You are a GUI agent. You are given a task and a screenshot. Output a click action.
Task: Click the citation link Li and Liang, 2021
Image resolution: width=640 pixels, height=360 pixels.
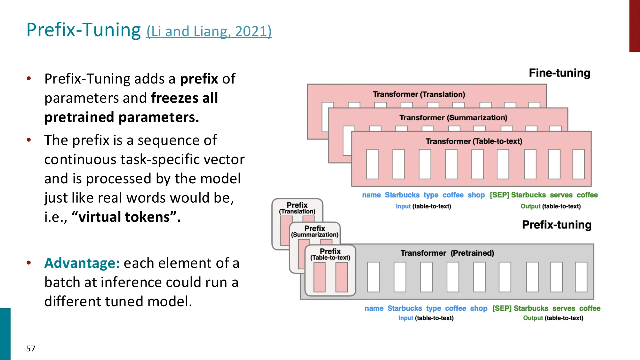[x=209, y=32]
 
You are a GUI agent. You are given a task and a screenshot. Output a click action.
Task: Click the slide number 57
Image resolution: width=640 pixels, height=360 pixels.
[x=31, y=348]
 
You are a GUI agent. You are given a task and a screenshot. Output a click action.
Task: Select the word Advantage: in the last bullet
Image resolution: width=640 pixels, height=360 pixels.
[x=82, y=263]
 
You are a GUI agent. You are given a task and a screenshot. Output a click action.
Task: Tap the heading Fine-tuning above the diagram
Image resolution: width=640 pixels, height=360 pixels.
[x=559, y=73]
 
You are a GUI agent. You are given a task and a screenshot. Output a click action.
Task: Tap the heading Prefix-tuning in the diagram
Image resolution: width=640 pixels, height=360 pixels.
[x=556, y=225]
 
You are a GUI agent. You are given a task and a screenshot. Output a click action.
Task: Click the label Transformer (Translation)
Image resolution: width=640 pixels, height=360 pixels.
[x=419, y=94]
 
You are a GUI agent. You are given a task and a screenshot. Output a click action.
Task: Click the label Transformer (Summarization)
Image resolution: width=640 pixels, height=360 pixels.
[x=453, y=118]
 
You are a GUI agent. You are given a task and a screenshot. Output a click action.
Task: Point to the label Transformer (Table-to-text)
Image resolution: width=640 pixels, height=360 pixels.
[x=474, y=141]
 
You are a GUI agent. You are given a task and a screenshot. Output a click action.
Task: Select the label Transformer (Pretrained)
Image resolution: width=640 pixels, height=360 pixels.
[x=447, y=253]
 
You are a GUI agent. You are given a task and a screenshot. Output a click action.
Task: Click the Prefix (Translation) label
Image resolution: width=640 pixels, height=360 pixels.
[x=297, y=208]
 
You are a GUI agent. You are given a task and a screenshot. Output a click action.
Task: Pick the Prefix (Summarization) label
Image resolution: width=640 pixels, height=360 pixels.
[x=315, y=231]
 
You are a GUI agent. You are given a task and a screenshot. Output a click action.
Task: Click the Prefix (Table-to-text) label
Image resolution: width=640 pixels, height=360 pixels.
[x=330, y=254]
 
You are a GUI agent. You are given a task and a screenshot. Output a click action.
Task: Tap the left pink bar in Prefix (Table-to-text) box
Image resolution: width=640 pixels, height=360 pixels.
[x=319, y=277]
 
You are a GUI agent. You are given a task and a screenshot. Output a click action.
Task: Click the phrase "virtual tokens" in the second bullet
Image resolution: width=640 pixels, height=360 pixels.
[x=126, y=217]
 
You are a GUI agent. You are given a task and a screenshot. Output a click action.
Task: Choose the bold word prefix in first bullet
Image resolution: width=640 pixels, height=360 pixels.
[x=199, y=79]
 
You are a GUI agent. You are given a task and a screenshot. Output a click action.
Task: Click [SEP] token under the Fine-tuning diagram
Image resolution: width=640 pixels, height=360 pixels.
[x=499, y=195]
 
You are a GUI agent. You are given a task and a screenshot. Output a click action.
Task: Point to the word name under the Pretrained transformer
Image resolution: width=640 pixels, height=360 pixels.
[x=374, y=308]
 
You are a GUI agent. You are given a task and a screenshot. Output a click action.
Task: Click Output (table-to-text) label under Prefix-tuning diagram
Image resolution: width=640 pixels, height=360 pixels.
[x=553, y=318]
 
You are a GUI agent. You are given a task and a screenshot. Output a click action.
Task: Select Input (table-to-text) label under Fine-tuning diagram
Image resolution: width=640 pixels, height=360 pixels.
[x=423, y=206]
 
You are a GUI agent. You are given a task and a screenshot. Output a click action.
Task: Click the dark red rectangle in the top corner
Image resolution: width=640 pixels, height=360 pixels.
[x=634, y=26]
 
